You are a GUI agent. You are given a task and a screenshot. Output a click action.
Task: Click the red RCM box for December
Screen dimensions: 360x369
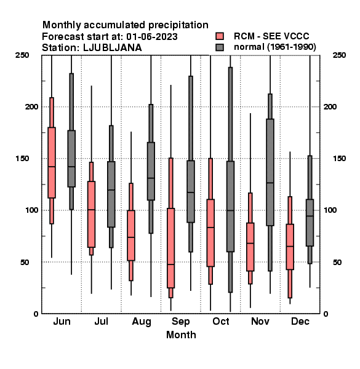click(x=290, y=247)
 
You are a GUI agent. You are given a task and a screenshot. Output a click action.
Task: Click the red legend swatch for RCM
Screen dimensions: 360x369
click(x=220, y=36)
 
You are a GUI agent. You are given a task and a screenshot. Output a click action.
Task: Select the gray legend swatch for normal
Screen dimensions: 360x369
click(x=220, y=47)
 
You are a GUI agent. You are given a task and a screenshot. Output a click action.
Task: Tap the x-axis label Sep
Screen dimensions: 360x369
click(x=180, y=322)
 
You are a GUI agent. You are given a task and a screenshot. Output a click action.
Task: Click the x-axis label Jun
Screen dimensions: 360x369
click(x=62, y=322)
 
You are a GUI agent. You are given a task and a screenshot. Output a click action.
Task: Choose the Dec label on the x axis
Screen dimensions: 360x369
click(x=300, y=322)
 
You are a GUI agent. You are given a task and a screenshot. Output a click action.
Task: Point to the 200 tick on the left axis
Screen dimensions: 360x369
click(x=31, y=106)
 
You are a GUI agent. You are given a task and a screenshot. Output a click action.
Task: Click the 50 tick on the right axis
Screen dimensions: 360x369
click(x=337, y=262)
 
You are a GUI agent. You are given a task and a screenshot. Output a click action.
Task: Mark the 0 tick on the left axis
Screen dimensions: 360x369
click(x=36, y=314)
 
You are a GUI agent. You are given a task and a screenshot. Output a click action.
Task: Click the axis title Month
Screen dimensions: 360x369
click(x=181, y=335)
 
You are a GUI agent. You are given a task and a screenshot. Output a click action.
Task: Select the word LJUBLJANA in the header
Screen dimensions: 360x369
click(x=113, y=48)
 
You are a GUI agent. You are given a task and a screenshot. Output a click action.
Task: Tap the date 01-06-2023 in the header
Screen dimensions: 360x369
click(x=152, y=37)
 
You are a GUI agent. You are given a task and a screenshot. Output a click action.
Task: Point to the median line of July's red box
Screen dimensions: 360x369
click(x=91, y=210)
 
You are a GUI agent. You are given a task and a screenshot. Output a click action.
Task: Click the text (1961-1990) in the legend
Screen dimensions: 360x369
click(x=292, y=47)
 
